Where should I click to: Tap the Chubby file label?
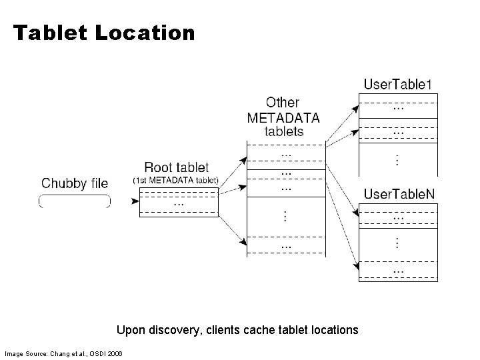click(75, 183)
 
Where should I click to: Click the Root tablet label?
click(176, 167)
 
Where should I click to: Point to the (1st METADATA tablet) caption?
click(175, 180)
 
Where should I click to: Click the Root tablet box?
click(178, 203)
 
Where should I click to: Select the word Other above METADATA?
click(283, 103)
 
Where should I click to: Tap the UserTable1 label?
click(398, 84)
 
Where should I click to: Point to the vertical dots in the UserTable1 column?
click(398, 160)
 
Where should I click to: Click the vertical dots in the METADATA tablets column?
click(285, 216)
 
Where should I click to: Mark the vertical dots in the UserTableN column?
click(398, 243)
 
